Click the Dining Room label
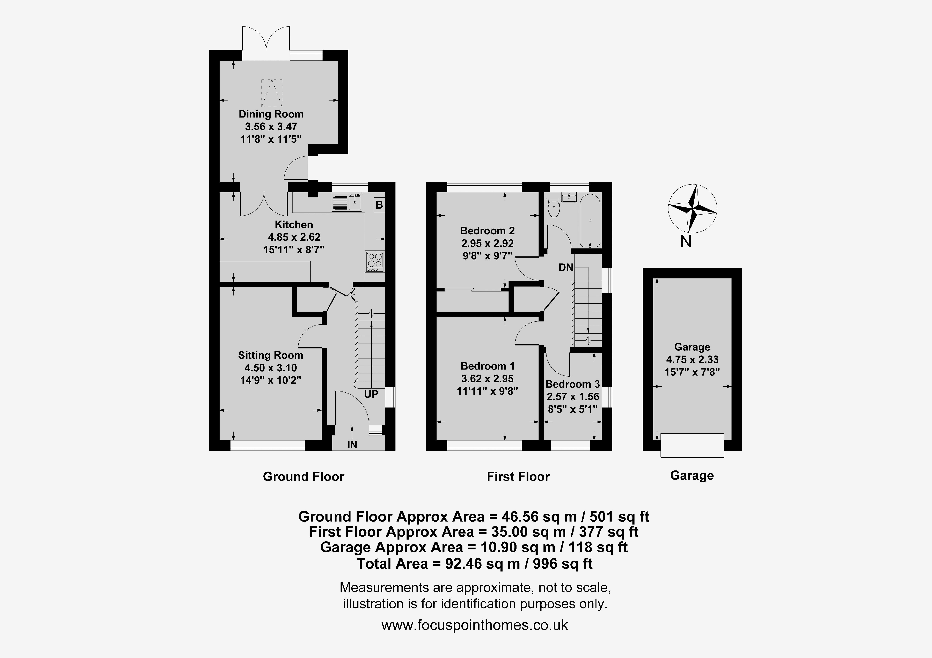(271, 114)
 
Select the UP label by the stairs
(371, 394)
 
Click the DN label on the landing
(566, 267)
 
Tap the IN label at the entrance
(352, 445)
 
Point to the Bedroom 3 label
(572, 384)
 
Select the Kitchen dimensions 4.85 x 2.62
(294, 237)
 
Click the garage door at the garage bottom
(692, 445)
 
